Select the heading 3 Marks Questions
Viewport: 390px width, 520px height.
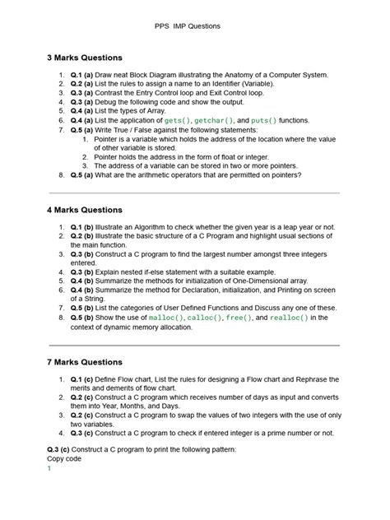tap(85, 58)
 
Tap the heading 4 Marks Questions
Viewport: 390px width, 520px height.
tap(85, 210)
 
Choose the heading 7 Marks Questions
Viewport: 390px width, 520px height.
tap(85, 361)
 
